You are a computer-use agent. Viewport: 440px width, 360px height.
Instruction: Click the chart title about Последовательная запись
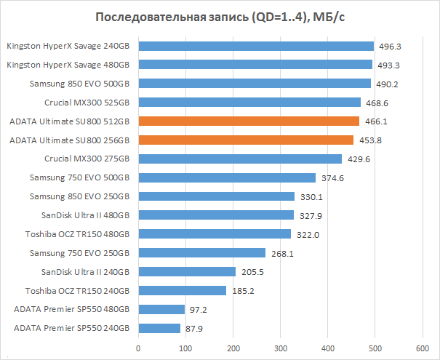tap(220, 17)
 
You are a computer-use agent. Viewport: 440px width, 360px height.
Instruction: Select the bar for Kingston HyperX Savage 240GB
tap(256, 46)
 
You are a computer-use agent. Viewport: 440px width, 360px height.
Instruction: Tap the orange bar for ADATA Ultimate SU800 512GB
tap(249, 121)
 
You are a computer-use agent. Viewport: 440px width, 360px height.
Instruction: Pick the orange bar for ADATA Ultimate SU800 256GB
tap(246, 140)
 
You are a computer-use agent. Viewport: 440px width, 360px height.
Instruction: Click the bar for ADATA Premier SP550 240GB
tap(159, 328)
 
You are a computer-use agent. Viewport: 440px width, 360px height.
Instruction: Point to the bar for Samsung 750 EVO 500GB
tap(227, 177)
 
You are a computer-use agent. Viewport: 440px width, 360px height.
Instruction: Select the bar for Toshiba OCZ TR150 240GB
tap(182, 290)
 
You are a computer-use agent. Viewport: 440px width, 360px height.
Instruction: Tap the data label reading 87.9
tap(193, 329)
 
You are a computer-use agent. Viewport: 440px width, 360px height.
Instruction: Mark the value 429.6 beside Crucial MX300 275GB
tap(356, 159)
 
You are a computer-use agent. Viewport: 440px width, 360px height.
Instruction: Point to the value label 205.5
tap(250, 272)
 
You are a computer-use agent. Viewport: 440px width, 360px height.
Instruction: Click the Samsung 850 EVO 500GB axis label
tap(80, 84)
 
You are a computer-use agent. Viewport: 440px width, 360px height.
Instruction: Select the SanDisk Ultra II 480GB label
tap(86, 215)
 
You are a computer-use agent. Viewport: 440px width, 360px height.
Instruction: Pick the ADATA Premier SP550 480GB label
tap(71, 309)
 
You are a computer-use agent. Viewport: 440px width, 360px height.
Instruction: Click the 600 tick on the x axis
tap(422, 348)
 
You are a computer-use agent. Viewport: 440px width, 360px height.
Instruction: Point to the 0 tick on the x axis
tap(138, 348)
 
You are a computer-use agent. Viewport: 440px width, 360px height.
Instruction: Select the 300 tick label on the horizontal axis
tap(280, 348)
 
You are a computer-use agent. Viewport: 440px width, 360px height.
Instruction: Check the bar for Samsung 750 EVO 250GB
tap(201, 252)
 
